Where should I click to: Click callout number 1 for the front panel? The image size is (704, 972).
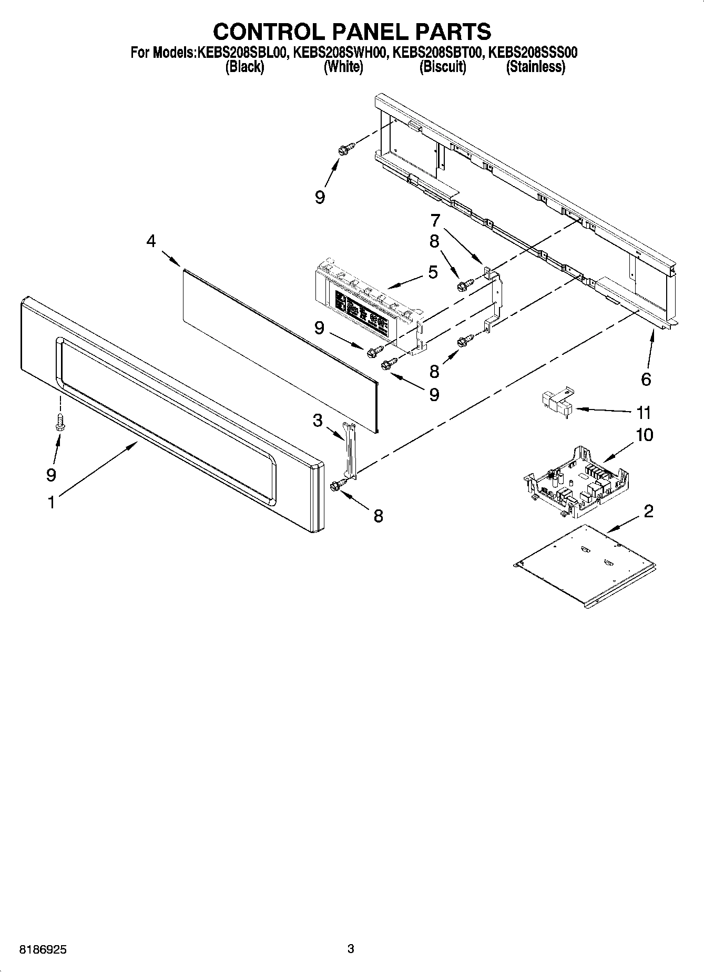pos(51,503)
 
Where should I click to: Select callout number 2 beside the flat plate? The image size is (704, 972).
pos(648,510)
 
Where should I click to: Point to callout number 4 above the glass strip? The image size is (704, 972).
pos(151,241)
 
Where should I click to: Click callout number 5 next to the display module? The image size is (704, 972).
pos(433,272)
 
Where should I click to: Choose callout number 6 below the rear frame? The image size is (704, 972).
pos(646,378)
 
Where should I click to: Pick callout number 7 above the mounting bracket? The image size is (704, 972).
pos(435,220)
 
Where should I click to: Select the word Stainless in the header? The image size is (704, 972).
pos(535,67)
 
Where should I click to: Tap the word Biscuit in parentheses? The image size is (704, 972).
pos(442,67)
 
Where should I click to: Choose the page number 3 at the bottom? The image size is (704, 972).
pos(351,949)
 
